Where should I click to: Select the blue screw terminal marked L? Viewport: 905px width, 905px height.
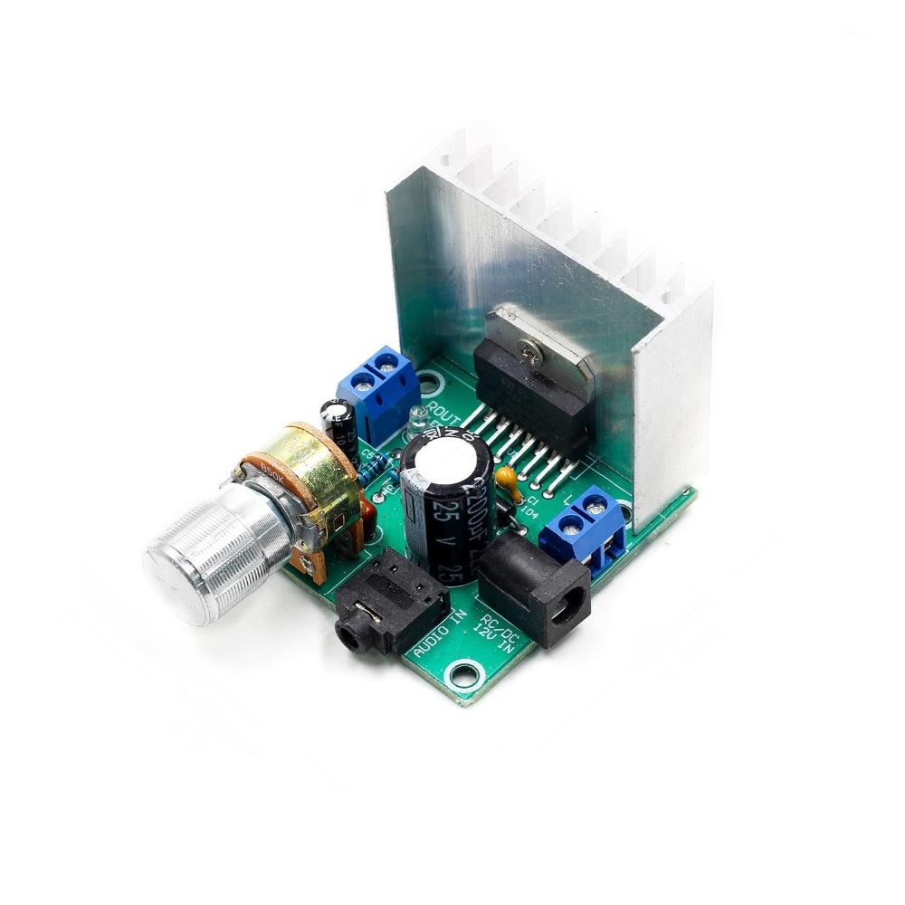click(x=584, y=530)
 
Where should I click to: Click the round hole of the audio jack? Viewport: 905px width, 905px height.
click(x=348, y=633)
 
